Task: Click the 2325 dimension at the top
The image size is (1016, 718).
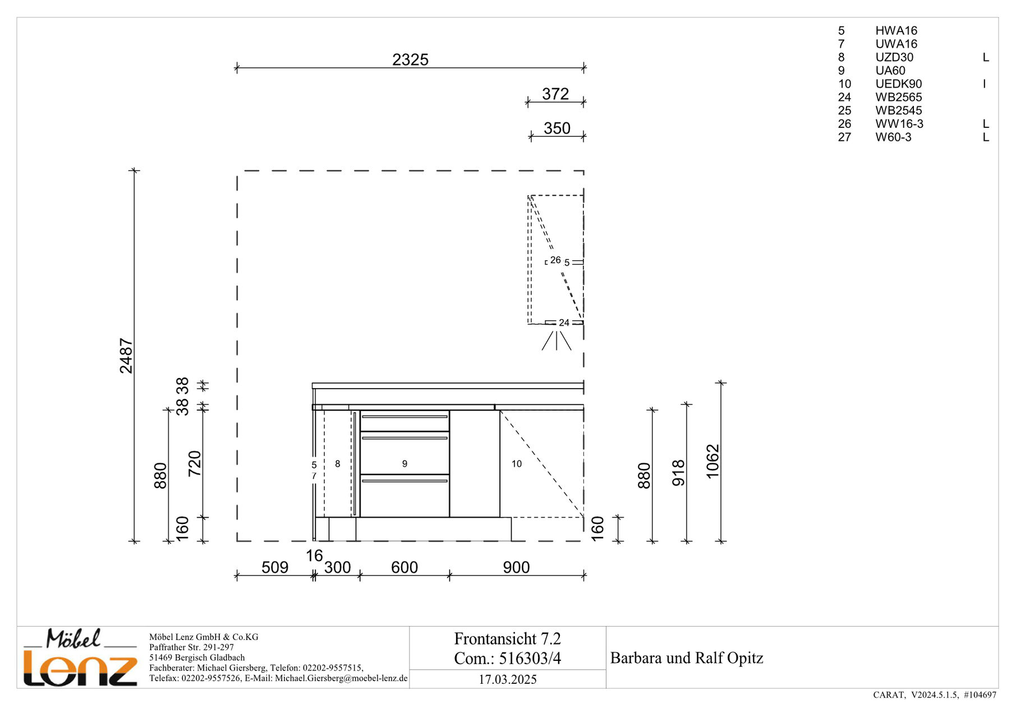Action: pos(410,59)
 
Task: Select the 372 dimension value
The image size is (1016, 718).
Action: pos(555,94)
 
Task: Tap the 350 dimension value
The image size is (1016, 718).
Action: pos(557,128)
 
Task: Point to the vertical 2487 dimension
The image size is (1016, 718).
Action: pos(126,356)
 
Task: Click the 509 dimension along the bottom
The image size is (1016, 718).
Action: pos(275,567)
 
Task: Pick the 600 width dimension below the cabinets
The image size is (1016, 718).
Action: pos(404,567)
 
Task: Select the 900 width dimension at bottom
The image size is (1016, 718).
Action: pos(516,567)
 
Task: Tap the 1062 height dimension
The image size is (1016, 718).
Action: pos(712,462)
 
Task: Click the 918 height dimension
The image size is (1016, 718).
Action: pos(678,473)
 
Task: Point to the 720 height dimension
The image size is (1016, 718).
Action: pos(194,463)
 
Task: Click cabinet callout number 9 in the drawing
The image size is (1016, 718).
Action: pos(404,464)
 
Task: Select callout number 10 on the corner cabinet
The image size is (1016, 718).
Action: pos(517,464)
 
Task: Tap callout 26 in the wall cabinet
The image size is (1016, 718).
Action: pos(555,260)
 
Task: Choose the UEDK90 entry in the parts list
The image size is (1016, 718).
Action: pos(898,84)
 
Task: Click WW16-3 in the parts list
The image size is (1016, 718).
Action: pos(899,124)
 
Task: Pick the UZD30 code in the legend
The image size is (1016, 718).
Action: pos(894,57)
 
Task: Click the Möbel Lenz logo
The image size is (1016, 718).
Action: pos(80,657)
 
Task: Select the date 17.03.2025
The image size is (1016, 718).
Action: pos(508,679)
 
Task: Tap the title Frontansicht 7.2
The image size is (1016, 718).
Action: pos(508,639)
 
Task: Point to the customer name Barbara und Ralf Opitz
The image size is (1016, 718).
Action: pos(687,658)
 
